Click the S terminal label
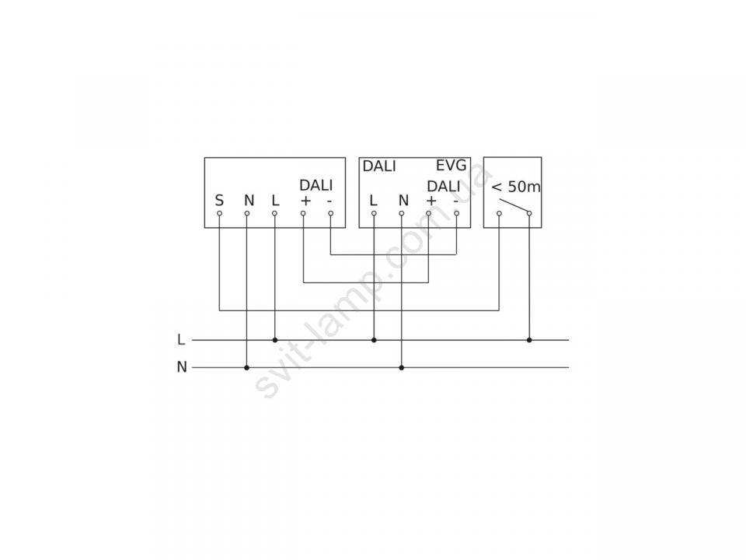tap(219, 201)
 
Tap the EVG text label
tap(451, 165)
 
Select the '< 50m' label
tap(516, 187)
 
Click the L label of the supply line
tap(181, 340)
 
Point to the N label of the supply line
tap(182, 367)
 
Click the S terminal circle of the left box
tap(219, 213)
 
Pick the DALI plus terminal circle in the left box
tap(303, 213)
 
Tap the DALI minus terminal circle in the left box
tap(331, 213)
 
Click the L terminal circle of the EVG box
tap(374, 213)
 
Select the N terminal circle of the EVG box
tap(402, 213)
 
